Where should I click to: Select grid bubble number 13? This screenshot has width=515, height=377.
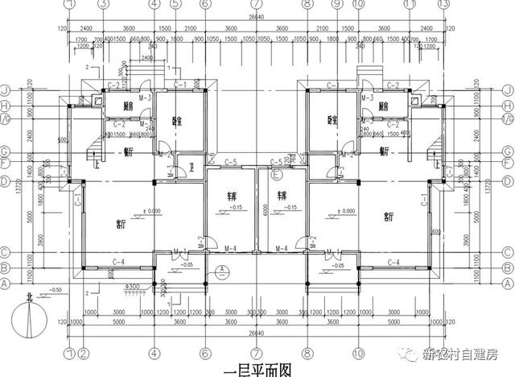(x=441, y=5)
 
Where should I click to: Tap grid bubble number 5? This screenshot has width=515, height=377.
(x=175, y=5)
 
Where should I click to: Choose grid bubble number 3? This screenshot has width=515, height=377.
(x=103, y=5)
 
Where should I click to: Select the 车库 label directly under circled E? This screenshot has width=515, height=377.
(x=282, y=195)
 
